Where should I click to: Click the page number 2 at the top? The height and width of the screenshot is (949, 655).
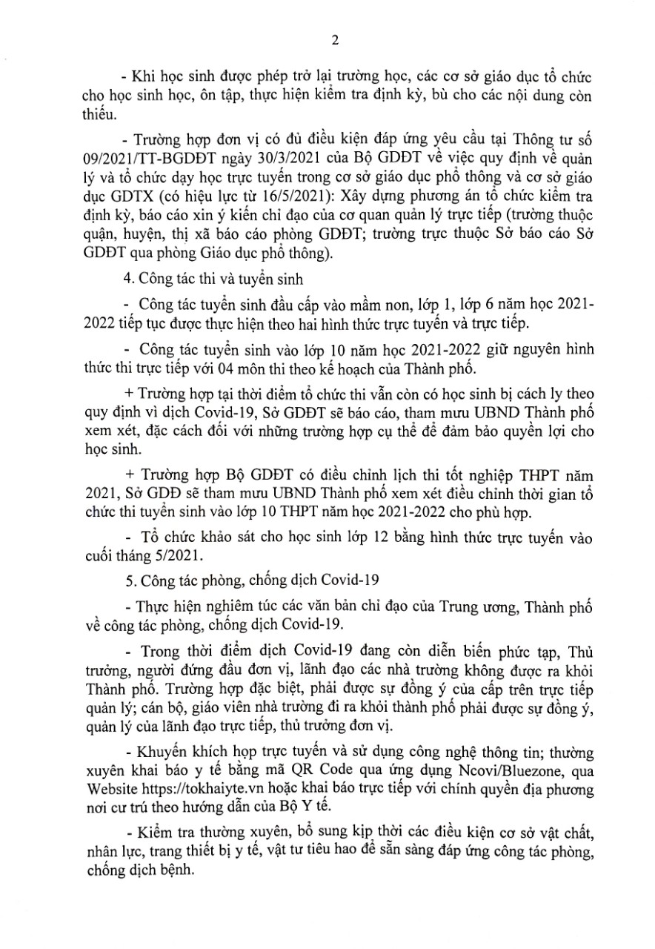[335, 41]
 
